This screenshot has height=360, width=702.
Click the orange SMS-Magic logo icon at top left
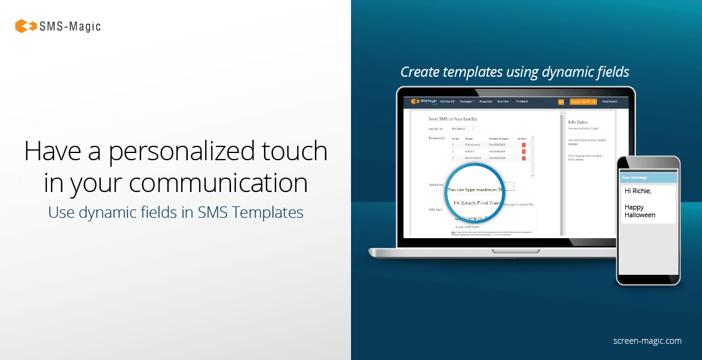click(x=26, y=26)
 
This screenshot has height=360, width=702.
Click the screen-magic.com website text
click(x=647, y=341)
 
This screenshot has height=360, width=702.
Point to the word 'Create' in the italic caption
click(x=421, y=72)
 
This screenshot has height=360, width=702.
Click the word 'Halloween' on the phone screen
click(x=640, y=215)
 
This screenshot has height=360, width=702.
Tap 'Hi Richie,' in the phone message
click(x=637, y=191)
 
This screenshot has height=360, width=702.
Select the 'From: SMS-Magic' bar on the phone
click(x=648, y=178)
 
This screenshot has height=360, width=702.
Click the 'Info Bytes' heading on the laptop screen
click(x=578, y=122)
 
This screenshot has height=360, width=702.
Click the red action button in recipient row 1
click(x=523, y=145)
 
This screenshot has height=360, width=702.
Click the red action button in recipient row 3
click(x=523, y=158)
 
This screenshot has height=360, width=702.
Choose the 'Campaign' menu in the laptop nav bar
click(x=466, y=101)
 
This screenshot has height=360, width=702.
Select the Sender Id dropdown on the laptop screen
click(x=463, y=128)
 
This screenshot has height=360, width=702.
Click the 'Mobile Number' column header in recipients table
click(x=499, y=138)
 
